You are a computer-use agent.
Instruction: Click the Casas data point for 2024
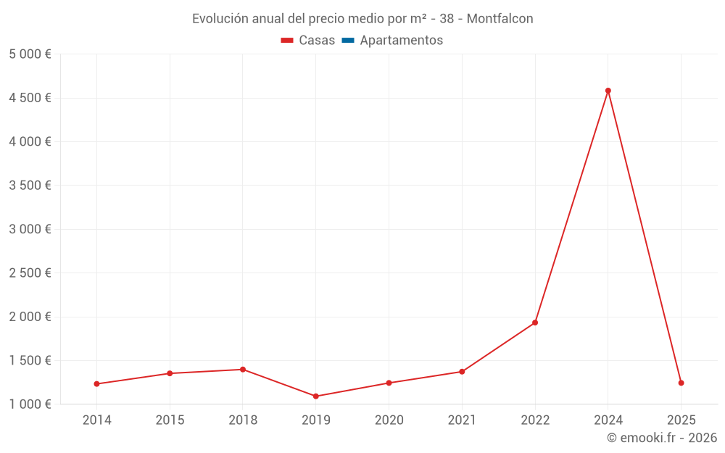click(x=608, y=91)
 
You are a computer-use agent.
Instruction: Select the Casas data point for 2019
click(x=316, y=396)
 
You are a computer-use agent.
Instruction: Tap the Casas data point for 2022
click(x=535, y=323)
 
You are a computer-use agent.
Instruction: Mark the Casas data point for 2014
click(x=96, y=384)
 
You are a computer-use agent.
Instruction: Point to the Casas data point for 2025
click(x=681, y=383)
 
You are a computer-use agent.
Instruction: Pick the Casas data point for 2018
click(x=243, y=370)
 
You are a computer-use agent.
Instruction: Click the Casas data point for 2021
click(x=462, y=372)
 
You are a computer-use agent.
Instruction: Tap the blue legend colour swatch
click(x=348, y=41)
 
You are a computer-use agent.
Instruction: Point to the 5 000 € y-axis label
click(x=30, y=54)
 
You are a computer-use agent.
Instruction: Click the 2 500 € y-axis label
click(x=30, y=273)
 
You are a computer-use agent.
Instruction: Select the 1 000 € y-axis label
click(x=30, y=404)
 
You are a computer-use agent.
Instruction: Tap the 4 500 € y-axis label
click(x=30, y=98)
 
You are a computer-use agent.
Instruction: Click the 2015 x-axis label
click(x=170, y=420)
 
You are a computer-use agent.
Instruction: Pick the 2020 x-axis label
click(x=389, y=420)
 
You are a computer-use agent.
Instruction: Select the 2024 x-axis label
click(x=608, y=420)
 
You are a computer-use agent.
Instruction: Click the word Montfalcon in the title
click(x=500, y=19)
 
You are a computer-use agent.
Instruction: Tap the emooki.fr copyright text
click(x=662, y=438)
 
